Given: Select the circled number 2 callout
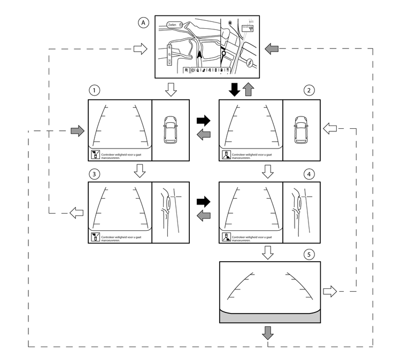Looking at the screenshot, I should click(307, 90).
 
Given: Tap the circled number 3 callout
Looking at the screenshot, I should click(94, 174).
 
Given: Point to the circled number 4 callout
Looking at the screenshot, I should click(307, 174).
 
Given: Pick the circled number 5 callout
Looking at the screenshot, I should click(307, 254).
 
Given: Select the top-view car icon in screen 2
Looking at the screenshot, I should click(300, 130).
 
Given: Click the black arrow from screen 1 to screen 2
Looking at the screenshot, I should click(204, 121).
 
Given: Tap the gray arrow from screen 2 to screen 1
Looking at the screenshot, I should click(204, 135).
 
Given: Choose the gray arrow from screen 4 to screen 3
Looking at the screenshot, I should click(204, 216).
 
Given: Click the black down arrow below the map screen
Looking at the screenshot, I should click(234, 90).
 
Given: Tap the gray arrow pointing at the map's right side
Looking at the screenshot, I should click(272, 49).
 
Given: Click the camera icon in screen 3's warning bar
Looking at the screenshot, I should click(94, 237).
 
